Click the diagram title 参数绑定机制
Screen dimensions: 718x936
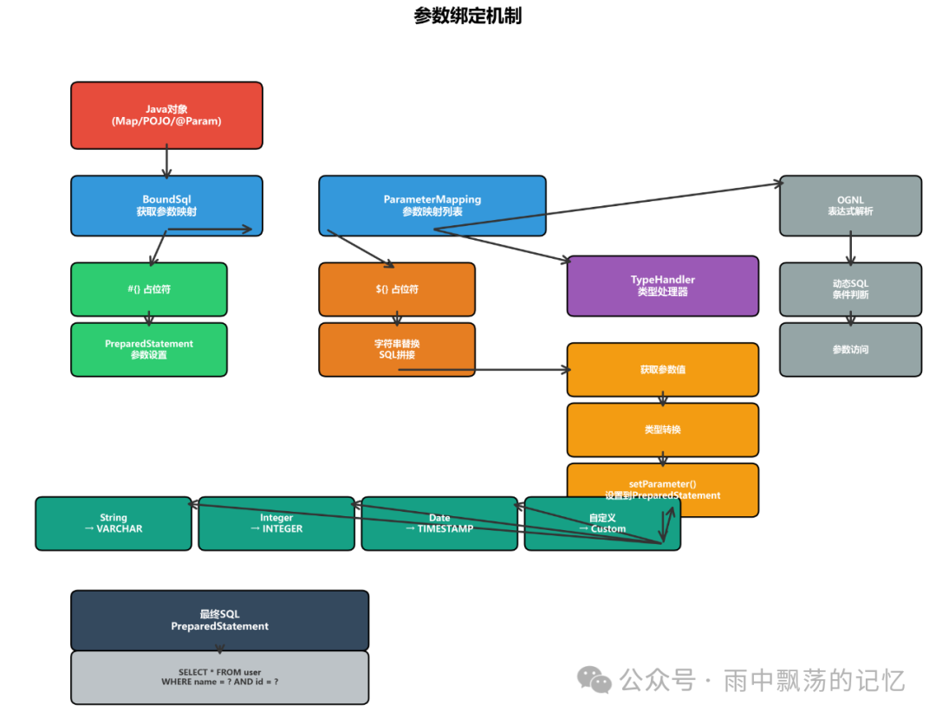467,16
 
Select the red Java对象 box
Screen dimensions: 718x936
166,115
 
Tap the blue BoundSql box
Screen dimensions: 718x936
166,205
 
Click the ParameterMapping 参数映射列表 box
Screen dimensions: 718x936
432,205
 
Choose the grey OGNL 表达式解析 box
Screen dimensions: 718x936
850,205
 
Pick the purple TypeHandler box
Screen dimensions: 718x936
662,286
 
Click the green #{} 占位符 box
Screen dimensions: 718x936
148,289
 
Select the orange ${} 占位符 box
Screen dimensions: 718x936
397,289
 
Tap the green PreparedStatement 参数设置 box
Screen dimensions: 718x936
148,349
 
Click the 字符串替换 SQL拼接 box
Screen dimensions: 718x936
397,349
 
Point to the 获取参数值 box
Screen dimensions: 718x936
662,370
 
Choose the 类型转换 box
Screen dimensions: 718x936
662,430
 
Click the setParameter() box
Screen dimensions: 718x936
662,489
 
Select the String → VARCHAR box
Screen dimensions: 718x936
114,523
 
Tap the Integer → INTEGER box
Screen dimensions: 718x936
276,523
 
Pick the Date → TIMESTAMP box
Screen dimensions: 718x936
439,523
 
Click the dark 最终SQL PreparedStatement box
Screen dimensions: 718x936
219,620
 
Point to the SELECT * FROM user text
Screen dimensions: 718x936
219,672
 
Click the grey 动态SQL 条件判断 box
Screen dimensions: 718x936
850,289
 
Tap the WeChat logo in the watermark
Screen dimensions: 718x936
595,680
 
